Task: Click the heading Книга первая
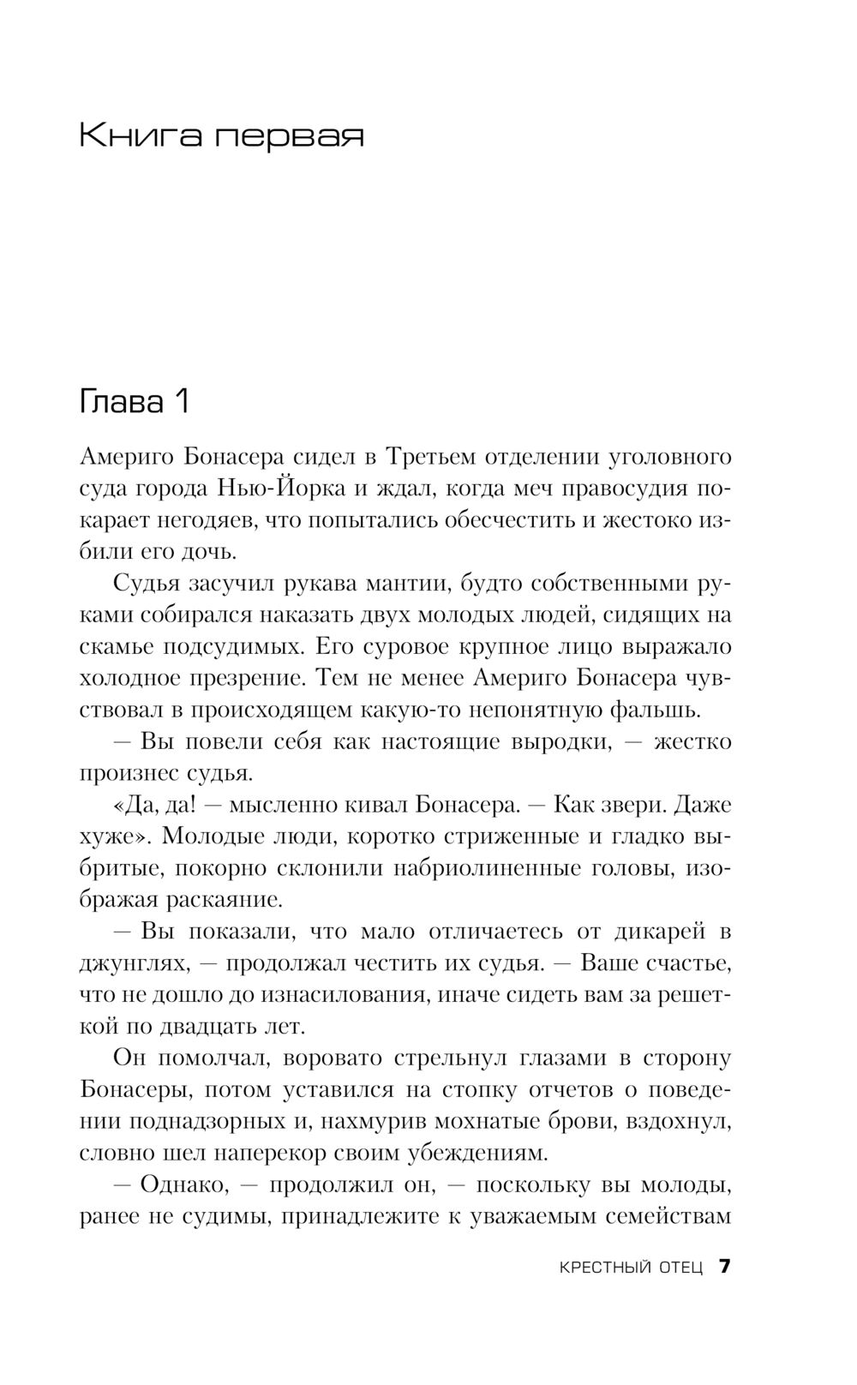[x=221, y=135]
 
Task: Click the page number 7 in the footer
[x=724, y=1267]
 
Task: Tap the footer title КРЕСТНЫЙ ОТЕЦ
[x=630, y=1268]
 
